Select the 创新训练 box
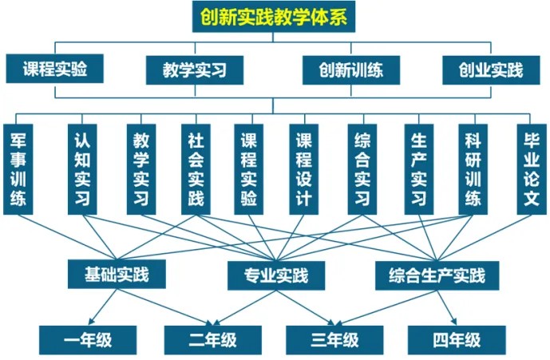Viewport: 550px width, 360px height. click(x=343, y=69)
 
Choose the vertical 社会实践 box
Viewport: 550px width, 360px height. click(x=195, y=169)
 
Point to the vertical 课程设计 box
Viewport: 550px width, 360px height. click(x=303, y=169)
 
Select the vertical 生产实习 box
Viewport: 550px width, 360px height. click(x=418, y=169)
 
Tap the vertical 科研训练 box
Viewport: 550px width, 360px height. click(x=473, y=169)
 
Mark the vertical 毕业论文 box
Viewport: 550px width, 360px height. click(x=528, y=169)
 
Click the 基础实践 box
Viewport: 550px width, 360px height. click(x=118, y=275)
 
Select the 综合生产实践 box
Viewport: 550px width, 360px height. click(x=437, y=276)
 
